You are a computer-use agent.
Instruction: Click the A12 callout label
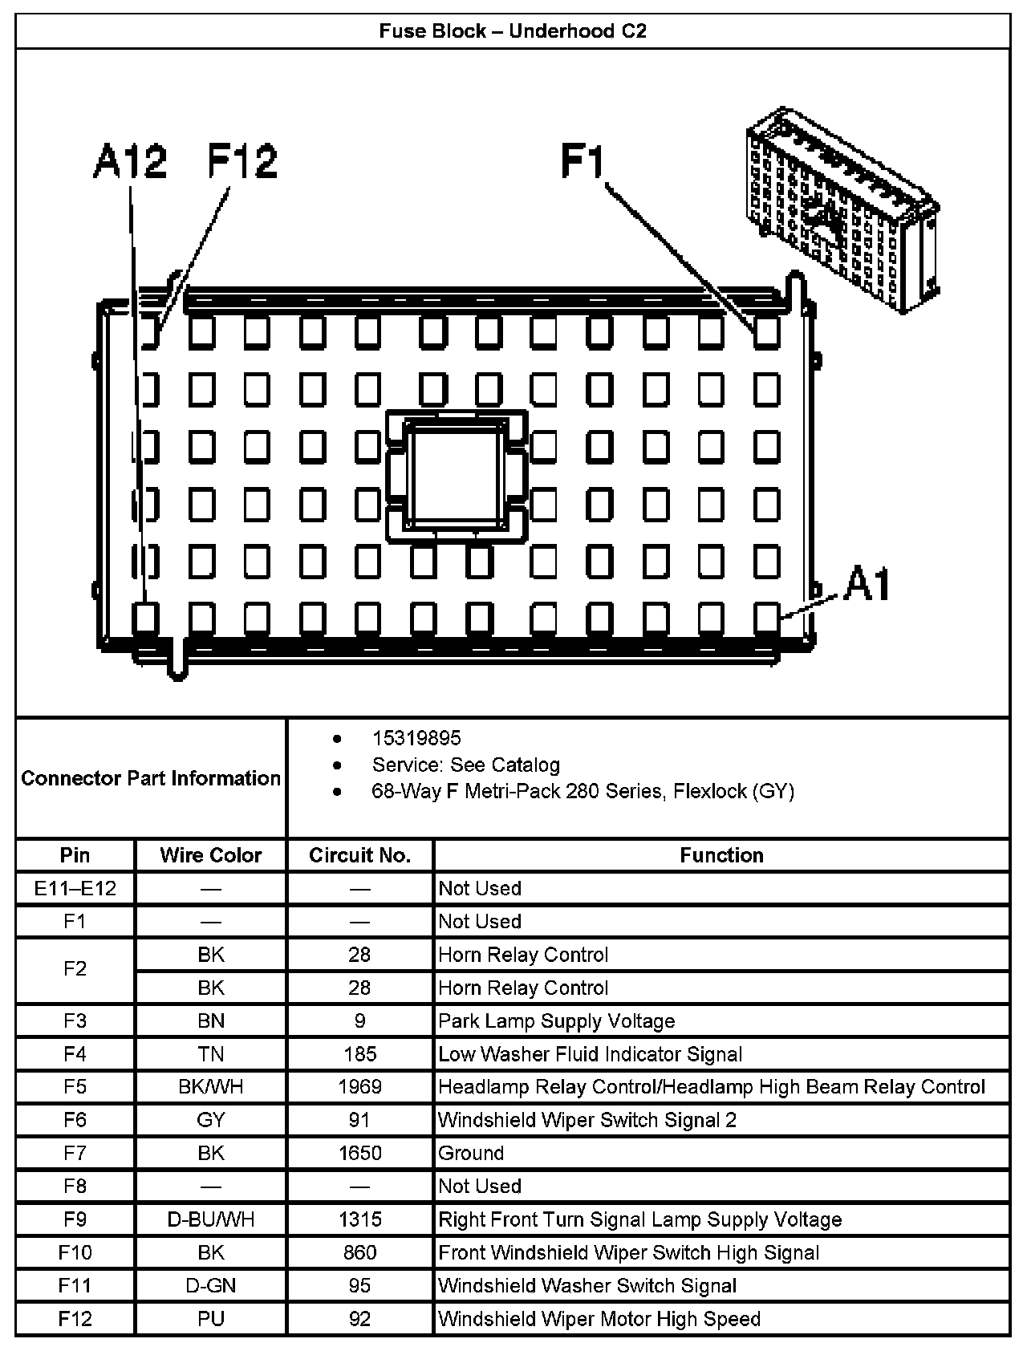click(x=130, y=162)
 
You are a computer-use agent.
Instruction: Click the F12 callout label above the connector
click(x=242, y=162)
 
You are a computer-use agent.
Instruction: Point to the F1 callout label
click(x=583, y=162)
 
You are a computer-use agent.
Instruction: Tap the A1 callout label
click(x=867, y=584)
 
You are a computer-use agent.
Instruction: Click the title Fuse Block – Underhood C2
click(x=513, y=31)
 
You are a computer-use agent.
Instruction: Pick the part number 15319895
click(x=416, y=738)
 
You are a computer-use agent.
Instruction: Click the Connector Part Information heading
click(x=151, y=778)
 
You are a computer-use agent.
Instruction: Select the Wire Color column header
click(x=211, y=856)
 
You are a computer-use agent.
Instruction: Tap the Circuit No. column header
click(x=359, y=856)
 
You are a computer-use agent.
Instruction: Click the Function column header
click(x=721, y=856)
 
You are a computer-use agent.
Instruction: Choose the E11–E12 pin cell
click(x=75, y=889)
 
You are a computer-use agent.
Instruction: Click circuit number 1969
click(x=359, y=1087)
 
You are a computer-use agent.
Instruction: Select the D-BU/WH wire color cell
click(x=211, y=1219)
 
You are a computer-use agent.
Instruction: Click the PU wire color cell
click(x=211, y=1319)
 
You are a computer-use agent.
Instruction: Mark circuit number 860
click(x=359, y=1252)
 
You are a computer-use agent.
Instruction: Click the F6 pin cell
click(x=75, y=1120)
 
